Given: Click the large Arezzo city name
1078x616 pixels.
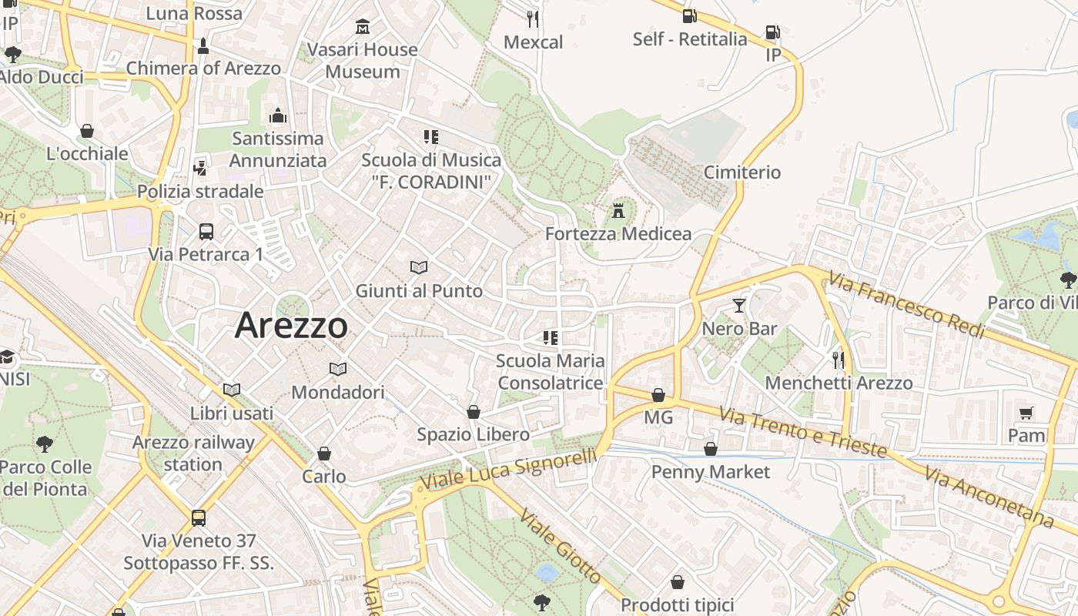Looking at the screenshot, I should [x=291, y=325].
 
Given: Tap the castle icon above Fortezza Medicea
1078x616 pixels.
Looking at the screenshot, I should [x=618, y=209].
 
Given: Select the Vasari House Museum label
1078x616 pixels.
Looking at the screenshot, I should [x=362, y=60].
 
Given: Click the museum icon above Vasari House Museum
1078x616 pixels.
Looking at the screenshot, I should [x=362, y=28].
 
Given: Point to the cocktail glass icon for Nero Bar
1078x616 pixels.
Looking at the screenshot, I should [x=739, y=305].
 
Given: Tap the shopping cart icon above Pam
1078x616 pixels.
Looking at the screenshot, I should [x=1026, y=413].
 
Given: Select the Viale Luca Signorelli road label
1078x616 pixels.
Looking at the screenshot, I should [x=508, y=469].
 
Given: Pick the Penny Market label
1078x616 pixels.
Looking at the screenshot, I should [x=710, y=471].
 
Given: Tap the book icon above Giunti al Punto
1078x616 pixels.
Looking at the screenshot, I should [x=418, y=267].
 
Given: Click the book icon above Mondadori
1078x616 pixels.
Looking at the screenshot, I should [x=337, y=369].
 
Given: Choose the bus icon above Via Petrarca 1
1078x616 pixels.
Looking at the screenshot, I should [x=206, y=231].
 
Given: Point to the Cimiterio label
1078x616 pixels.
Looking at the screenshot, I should [x=742, y=172].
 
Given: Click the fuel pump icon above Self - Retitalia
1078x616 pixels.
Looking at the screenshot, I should [x=689, y=15].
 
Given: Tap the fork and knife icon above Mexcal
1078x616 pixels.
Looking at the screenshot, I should [x=533, y=18].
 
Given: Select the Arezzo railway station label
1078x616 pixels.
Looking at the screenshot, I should [x=192, y=453].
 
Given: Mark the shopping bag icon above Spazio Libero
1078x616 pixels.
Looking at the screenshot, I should [x=474, y=412].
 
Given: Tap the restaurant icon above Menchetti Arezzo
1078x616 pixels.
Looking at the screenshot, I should [x=839, y=360].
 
